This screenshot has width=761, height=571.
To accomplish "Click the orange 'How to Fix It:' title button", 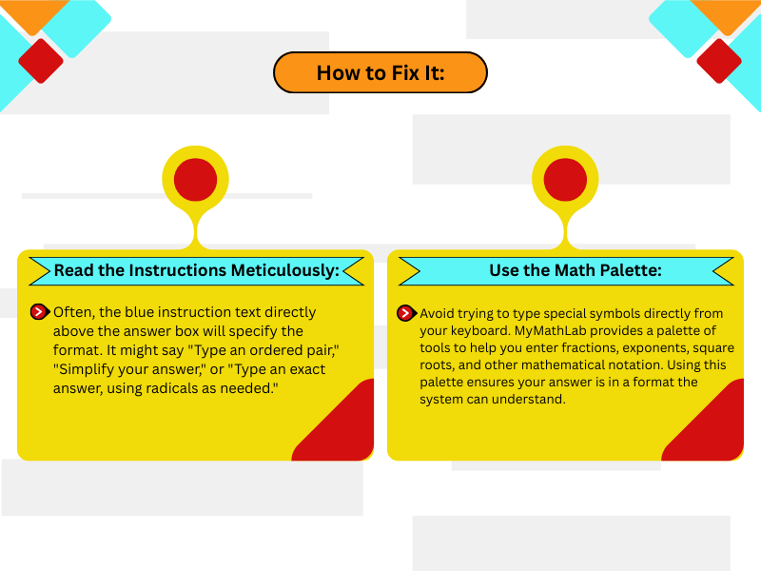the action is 380,72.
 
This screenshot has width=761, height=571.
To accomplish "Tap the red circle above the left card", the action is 195,179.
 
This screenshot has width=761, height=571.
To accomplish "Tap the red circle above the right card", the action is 565,179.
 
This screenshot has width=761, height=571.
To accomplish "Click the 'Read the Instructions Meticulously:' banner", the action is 196,270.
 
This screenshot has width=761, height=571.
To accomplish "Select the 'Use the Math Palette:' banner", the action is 566,270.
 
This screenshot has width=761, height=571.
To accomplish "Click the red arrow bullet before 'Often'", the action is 40,312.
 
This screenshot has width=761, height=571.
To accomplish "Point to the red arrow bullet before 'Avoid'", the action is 406,313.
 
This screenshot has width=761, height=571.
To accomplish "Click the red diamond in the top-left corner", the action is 41,61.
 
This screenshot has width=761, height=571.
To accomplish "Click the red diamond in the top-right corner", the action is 719,61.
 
